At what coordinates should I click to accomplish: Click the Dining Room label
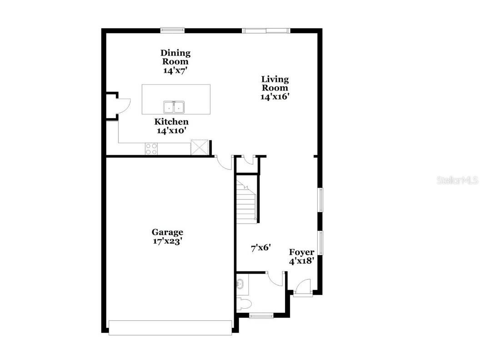pyautogui.click(x=175, y=57)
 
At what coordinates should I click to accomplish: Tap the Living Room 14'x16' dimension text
pyautogui.click(x=275, y=96)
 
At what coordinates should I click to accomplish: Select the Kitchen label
pyautogui.click(x=171, y=122)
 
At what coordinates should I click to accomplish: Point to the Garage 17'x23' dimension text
pyautogui.click(x=168, y=241)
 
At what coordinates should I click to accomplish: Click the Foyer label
pyautogui.click(x=301, y=252)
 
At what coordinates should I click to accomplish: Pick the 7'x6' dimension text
pyautogui.click(x=261, y=248)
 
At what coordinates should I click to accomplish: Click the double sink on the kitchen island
pyautogui.click(x=174, y=107)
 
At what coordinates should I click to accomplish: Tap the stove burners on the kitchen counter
pyautogui.click(x=151, y=149)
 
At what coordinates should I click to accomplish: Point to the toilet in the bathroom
pyautogui.click(x=243, y=303)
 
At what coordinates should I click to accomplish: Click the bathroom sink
pyautogui.click(x=240, y=285)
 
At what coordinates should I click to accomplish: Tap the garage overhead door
pyautogui.click(x=170, y=328)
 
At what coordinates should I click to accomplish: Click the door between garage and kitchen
pyautogui.click(x=224, y=163)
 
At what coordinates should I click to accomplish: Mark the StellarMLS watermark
pyautogui.click(x=457, y=180)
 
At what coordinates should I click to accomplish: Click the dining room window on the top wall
pyautogui.click(x=172, y=30)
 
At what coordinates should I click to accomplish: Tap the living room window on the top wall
pyautogui.click(x=266, y=30)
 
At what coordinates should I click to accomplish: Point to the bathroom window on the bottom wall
pyautogui.click(x=261, y=315)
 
